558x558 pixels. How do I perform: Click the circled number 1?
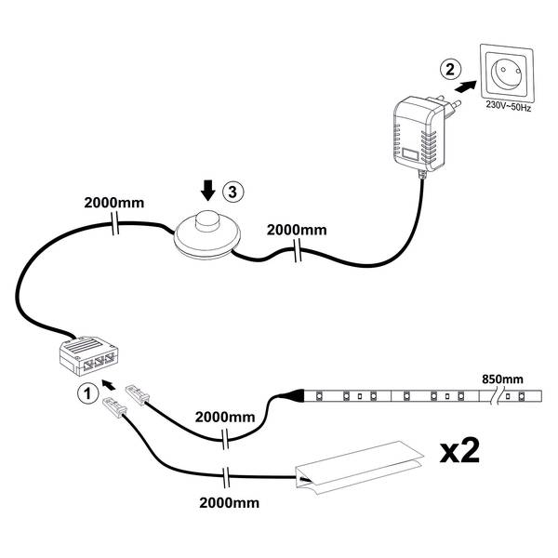click(87, 393)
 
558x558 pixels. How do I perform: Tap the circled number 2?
click(450, 69)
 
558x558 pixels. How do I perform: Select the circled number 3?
click(233, 193)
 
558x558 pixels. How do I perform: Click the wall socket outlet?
click(507, 73)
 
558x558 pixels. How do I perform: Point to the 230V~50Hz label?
click(509, 106)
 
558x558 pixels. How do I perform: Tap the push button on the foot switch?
click(206, 219)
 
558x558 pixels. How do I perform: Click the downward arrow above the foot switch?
click(207, 191)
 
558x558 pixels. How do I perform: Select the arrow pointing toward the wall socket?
click(466, 86)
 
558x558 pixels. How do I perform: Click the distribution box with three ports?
click(88, 355)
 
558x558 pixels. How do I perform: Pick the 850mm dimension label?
click(502, 379)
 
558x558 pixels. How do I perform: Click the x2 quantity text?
click(459, 451)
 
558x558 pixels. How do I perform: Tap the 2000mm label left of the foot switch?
click(114, 203)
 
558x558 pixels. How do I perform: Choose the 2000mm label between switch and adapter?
click(297, 231)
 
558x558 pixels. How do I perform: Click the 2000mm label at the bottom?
click(229, 503)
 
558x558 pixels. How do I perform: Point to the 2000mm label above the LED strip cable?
click(225, 417)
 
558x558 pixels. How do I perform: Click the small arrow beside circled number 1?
click(109, 384)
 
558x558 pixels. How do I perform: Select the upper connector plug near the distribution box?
click(137, 394)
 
